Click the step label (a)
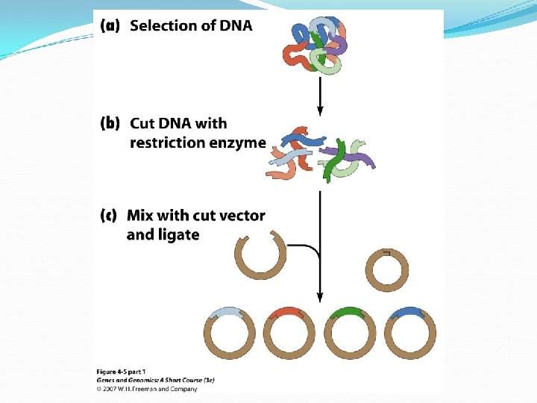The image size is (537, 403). point(109,26)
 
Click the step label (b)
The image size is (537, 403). point(109,124)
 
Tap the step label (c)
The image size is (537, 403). point(109,216)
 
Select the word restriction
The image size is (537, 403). point(166,142)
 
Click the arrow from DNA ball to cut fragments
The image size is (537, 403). point(320,94)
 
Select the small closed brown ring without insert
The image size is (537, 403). point(389,269)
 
